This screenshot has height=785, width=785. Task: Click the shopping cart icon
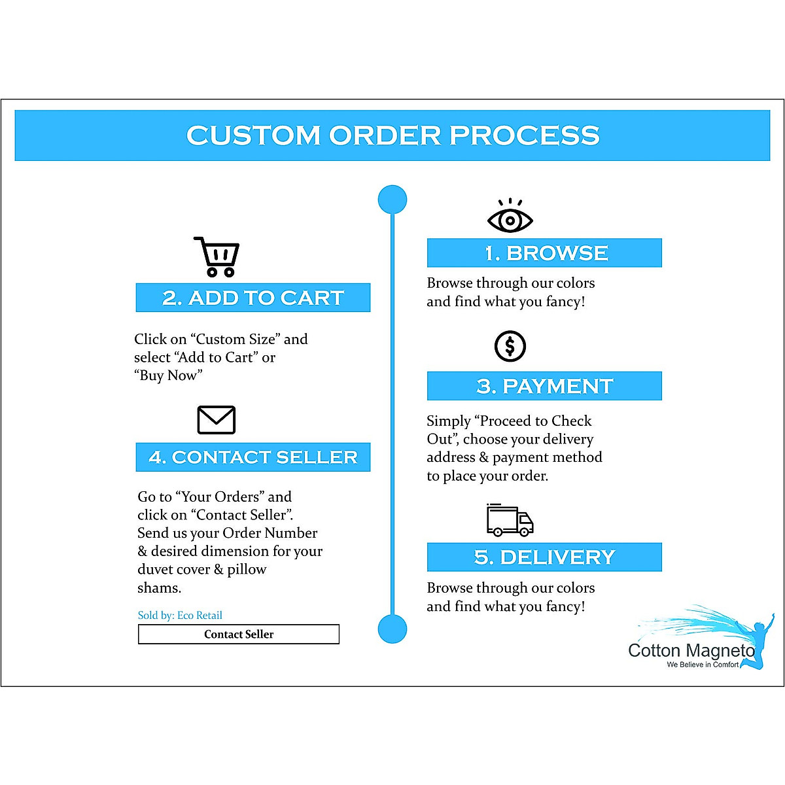[217, 257]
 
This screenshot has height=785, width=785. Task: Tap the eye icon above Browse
[510, 218]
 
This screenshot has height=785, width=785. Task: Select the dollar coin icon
[510, 346]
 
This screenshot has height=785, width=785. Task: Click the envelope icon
[217, 420]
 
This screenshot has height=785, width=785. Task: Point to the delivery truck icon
[510, 521]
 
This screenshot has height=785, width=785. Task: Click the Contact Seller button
[239, 634]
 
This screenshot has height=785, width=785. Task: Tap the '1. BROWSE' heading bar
[544, 253]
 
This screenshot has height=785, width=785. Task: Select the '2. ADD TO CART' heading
[253, 298]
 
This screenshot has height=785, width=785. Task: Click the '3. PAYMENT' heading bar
[544, 386]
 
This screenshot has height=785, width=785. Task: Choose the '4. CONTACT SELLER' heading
[253, 457]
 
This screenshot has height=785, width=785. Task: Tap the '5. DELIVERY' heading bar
[544, 557]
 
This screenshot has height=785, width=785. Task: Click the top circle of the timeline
[392, 200]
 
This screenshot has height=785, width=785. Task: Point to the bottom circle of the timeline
[392, 629]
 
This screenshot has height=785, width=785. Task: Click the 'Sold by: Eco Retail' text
[180, 615]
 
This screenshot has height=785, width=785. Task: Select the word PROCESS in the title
[524, 135]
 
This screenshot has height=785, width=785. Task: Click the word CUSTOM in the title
[253, 135]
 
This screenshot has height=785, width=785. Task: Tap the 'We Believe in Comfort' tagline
[703, 665]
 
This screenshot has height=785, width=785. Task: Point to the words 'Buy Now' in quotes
[168, 375]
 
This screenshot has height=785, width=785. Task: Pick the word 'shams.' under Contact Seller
[159, 587]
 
